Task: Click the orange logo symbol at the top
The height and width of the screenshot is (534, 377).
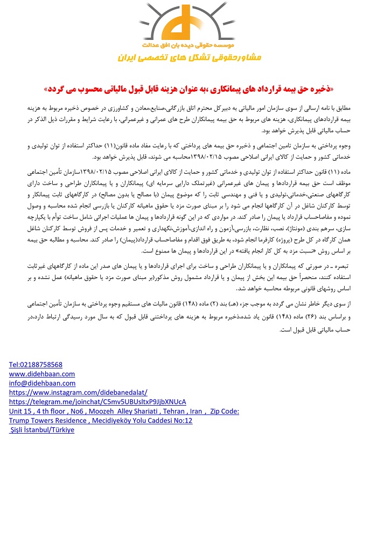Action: (188, 24)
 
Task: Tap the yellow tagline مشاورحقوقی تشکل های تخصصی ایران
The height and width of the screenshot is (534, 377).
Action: (189, 57)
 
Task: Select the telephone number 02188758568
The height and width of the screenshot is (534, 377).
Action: (36, 365)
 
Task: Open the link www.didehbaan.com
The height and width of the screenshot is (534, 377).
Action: (42, 374)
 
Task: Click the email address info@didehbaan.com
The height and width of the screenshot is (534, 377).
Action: (42, 383)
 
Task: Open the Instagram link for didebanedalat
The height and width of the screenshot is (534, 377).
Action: (78, 392)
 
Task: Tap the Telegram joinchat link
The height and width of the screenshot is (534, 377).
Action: (97, 402)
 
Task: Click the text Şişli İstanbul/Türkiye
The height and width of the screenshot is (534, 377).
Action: (42, 430)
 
